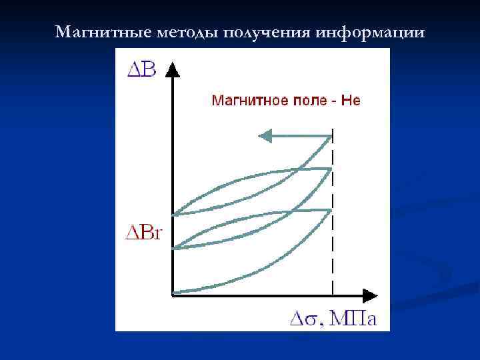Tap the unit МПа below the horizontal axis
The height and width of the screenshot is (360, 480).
353,319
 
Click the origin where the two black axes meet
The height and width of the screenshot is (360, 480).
173,293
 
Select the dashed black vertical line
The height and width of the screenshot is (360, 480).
332,253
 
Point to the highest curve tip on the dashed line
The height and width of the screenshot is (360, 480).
331,137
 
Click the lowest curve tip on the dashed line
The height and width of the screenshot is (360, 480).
331,210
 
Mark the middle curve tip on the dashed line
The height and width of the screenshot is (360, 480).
331,169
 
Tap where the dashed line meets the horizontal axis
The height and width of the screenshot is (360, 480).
332,293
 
